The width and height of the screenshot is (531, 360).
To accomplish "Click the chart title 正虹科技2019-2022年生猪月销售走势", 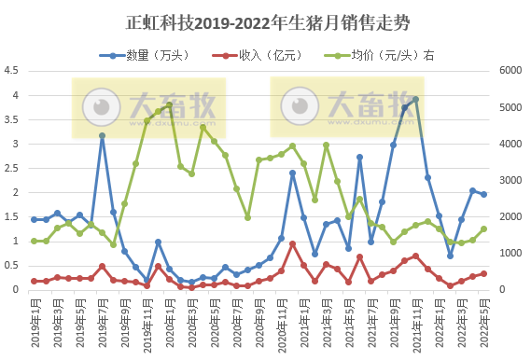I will click(x=265, y=21).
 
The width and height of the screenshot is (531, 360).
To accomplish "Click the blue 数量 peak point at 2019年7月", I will click(x=102, y=136).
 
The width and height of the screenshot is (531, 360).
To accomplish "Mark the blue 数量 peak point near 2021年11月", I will click(x=416, y=100).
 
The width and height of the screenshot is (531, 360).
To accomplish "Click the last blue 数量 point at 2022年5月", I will click(x=483, y=194).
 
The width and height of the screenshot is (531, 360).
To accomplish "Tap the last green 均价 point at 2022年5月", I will click(x=483, y=229).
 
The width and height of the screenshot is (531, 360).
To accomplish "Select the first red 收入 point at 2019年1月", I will click(x=35, y=281).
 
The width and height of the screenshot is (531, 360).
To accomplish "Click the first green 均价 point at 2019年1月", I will click(x=35, y=241).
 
